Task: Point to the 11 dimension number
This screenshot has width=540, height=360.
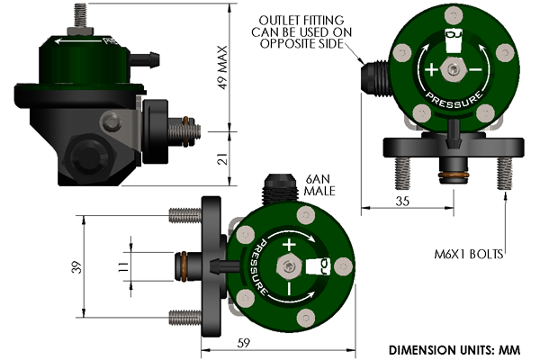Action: pyautogui.click(x=120, y=267)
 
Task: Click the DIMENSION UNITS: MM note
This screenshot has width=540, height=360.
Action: pyautogui.click(x=460, y=348)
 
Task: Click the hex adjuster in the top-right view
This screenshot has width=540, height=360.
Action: pyautogui.click(x=454, y=70)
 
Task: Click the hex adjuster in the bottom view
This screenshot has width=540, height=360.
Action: pyautogui.click(x=288, y=264)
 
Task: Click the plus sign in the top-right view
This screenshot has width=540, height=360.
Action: pyautogui.click(x=432, y=70)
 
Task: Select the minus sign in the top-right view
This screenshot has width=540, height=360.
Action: pyautogui.click(x=475, y=70)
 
